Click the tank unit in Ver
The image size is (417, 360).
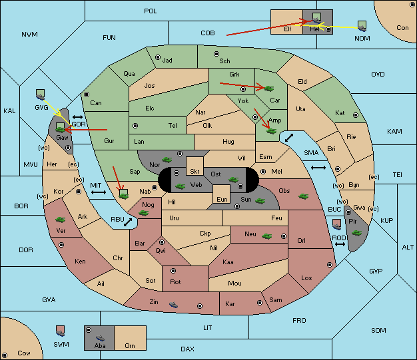coord(60,220)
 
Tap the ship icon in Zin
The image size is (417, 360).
coord(173,304)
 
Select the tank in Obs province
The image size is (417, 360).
coord(303,196)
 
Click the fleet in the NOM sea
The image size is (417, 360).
coord(362,27)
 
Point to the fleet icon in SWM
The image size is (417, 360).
coord(61,331)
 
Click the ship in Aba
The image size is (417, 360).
coord(100,338)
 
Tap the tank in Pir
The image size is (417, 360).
coord(356,233)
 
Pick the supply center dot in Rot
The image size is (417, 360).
coord(173,271)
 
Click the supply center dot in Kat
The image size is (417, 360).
coord(356,115)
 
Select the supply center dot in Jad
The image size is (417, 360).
coord(158,57)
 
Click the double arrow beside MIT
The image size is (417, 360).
coord(99,192)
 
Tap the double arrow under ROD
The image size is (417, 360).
coord(340,244)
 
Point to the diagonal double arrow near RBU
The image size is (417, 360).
coord(128,222)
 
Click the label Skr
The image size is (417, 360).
coord(195,172)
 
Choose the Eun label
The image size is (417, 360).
coord(222,199)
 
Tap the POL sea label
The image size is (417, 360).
coord(151,11)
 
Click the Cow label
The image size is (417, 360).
coord(24,353)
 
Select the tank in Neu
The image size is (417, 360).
coord(266,236)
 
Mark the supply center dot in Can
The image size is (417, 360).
coord(87,94)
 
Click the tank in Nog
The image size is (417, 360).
coord(143,213)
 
